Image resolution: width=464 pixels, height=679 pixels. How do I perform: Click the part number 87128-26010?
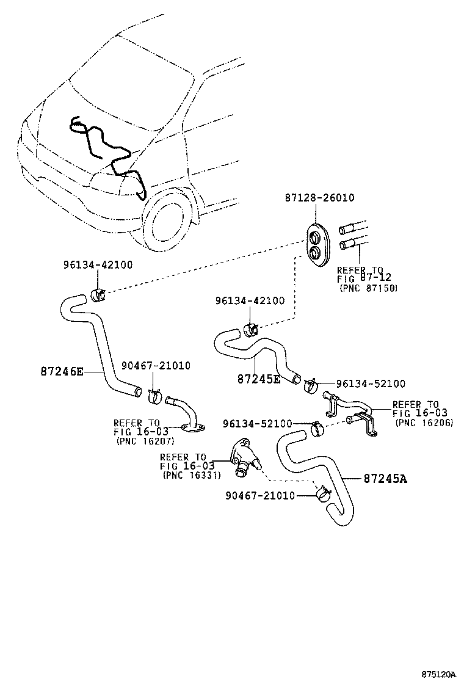click(319, 198)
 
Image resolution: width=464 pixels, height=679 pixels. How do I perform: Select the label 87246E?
click(62, 371)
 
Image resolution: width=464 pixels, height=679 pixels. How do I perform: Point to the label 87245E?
click(258, 379)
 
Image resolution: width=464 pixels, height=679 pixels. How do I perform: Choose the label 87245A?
click(385, 478)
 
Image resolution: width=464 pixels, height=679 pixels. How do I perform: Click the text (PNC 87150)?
click(368, 288)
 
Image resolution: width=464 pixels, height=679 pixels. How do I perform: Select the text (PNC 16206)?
click(424, 422)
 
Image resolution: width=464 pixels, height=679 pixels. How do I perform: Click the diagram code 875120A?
click(438, 674)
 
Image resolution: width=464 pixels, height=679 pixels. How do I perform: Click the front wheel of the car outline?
click(166, 219)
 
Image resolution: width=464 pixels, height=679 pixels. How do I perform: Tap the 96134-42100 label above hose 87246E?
click(97, 264)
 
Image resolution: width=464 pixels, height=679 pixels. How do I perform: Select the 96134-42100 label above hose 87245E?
click(249, 301)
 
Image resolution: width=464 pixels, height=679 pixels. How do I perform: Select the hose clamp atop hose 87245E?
click(250, 330)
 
